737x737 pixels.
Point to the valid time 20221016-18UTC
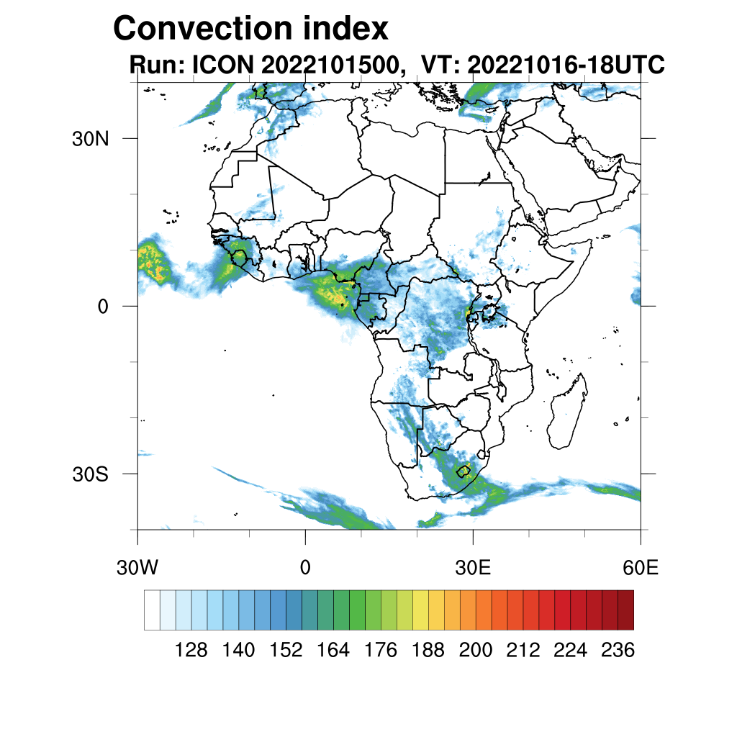[x=564, y=65]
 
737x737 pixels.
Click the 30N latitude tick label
[x=90, y=139]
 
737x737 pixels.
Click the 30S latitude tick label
[x=90, y=474]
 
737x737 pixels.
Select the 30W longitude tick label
[x=137, y=568]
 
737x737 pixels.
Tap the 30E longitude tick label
[x=473, y=568]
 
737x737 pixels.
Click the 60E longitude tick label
[x=641, y=568]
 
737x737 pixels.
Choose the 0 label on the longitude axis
[x=305, y=568]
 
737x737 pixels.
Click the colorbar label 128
[x=191, y=651]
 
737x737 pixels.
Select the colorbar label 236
[x=618, y=651]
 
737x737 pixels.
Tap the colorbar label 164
[x=333, y=651]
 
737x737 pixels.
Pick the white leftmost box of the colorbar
[x=152, y=610]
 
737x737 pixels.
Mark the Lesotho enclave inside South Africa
[x=464, y=471]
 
